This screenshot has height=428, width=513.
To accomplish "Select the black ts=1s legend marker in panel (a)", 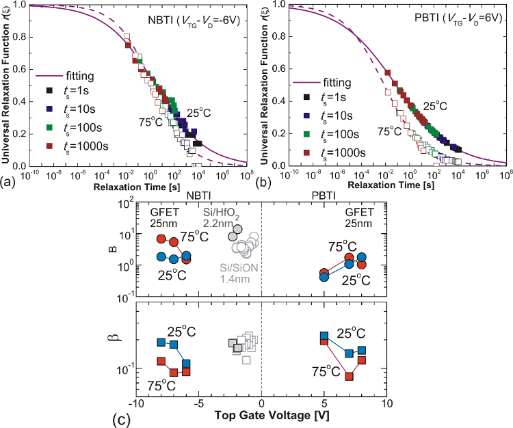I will tap(49, 90).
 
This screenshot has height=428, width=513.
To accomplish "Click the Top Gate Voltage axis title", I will tap(263, 415).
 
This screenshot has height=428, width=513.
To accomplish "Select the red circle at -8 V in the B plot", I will tap(161, 239).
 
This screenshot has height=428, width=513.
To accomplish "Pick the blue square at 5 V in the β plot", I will tap(324, 336).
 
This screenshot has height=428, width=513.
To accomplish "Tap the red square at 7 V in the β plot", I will tap(350, 377).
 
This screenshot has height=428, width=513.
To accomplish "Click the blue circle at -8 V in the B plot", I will tap(161, 257).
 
